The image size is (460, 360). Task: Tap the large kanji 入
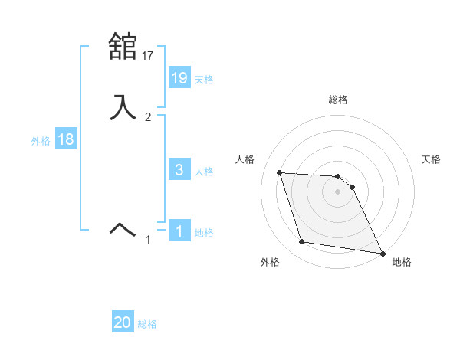[123, 106]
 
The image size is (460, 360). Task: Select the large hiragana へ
[123, 228]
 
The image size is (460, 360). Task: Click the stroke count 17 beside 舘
[148, 56]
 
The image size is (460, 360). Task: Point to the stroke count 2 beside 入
[148, 117]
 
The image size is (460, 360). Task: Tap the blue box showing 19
[179, 77]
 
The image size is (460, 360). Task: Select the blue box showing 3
[179, 170]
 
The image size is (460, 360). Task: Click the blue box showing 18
[66, 140]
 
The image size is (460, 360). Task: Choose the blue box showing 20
[123, 322]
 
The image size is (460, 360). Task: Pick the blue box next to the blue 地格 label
[179, 231]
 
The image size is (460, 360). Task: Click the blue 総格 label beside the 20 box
[147, 324]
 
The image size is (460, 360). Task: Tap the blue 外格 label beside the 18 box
[41, 141]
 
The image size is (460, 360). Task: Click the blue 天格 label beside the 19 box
[204, 79]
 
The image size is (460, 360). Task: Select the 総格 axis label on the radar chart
[338, 100]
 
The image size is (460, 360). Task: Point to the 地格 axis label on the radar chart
[402, 262]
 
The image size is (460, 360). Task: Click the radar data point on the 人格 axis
[280, 173]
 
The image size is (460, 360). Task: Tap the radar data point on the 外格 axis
[302, 242]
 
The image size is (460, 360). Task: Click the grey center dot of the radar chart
[338, 191]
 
